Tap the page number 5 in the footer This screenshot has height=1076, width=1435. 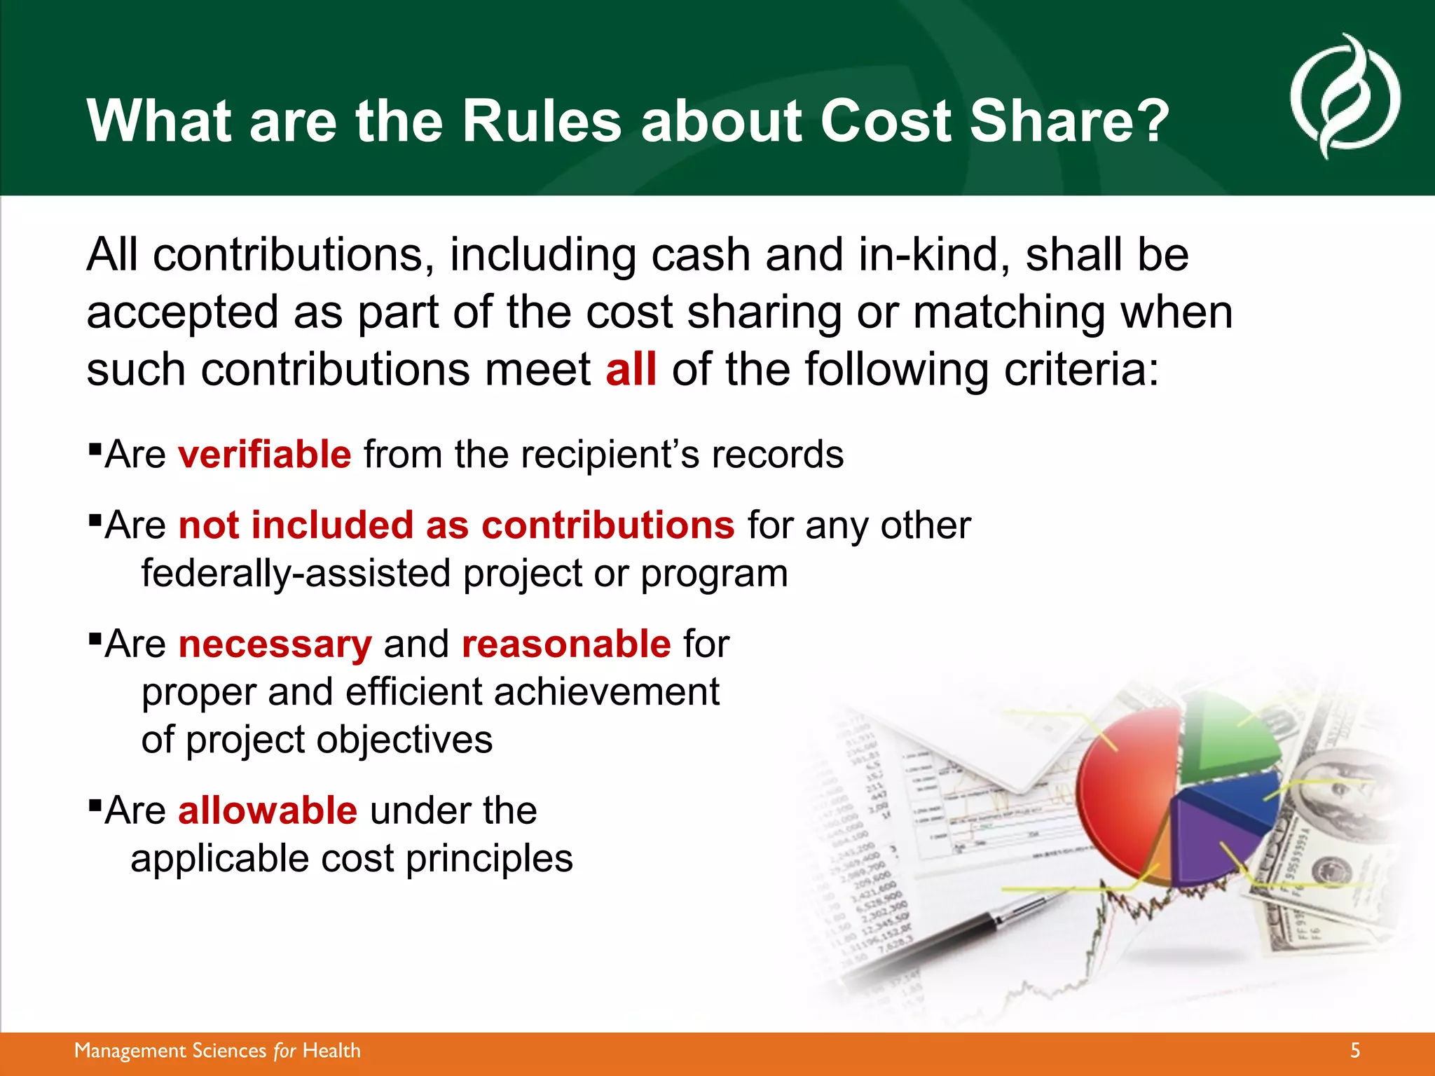click(1355, 1050)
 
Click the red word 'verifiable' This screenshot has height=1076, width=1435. click(264, 454)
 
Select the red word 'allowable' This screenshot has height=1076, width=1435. click(268, 811)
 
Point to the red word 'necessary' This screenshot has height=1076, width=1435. click(275, 644)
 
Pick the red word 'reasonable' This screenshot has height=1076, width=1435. click(566, 644)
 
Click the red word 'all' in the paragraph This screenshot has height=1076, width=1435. click(631, 369)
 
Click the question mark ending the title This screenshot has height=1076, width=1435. click(1151, 120)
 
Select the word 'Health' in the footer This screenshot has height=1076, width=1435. click(331, 1051)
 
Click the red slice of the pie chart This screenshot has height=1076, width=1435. click(1121, 785)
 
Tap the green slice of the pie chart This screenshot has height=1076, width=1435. click(1226, 736)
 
